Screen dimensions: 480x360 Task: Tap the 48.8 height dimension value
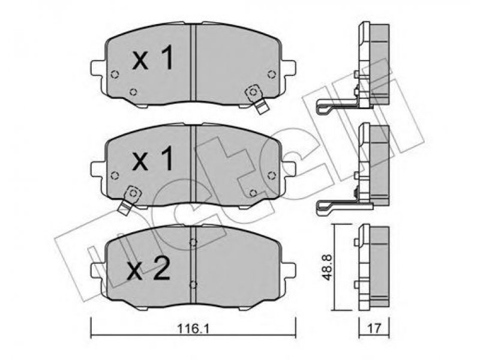327,266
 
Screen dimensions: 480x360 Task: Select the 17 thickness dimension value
374,329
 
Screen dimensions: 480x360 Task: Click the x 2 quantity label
148,268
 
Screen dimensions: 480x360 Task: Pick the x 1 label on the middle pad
153,157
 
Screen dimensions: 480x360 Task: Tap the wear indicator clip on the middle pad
129,200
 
